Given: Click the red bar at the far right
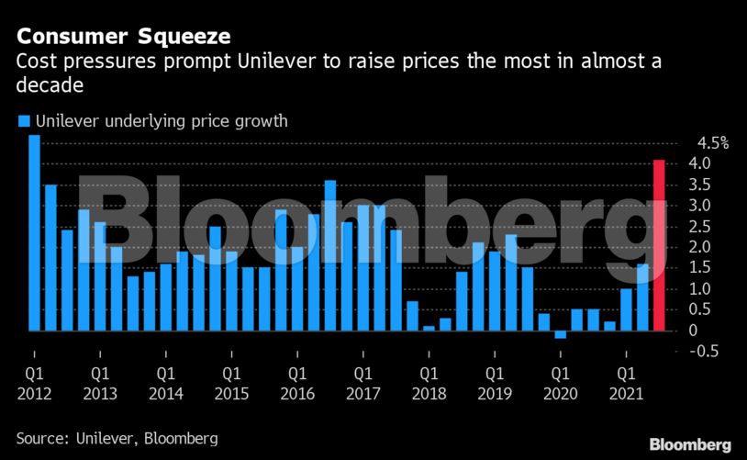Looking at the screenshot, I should click(658, 245).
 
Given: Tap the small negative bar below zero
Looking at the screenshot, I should click(560, 334).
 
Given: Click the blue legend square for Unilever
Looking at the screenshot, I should click(25, 120).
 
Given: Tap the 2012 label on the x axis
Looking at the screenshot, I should click(35, 394).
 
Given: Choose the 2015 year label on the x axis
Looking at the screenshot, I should click(231, 394).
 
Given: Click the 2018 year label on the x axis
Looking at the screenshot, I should click(429, 394).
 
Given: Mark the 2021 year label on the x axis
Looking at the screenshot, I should click(626, 394).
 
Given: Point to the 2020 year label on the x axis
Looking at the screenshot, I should click(559, 394).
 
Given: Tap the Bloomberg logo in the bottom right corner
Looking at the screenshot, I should click(690, 444).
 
